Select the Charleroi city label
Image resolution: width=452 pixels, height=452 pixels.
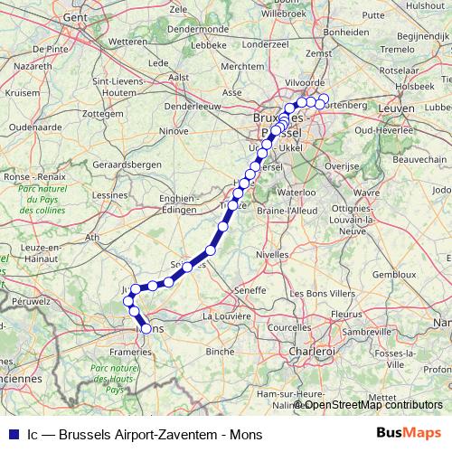click(x=312, y=350)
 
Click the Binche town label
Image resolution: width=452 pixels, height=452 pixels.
click(x=221, y=350)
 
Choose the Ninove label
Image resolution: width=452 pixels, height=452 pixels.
click(x=174, y=130)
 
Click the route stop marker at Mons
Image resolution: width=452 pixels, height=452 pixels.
click(x=146, y=329)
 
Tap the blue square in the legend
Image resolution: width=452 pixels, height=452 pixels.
click(x=11, y=434)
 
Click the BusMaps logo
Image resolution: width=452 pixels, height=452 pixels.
click(x=408, y=433)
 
